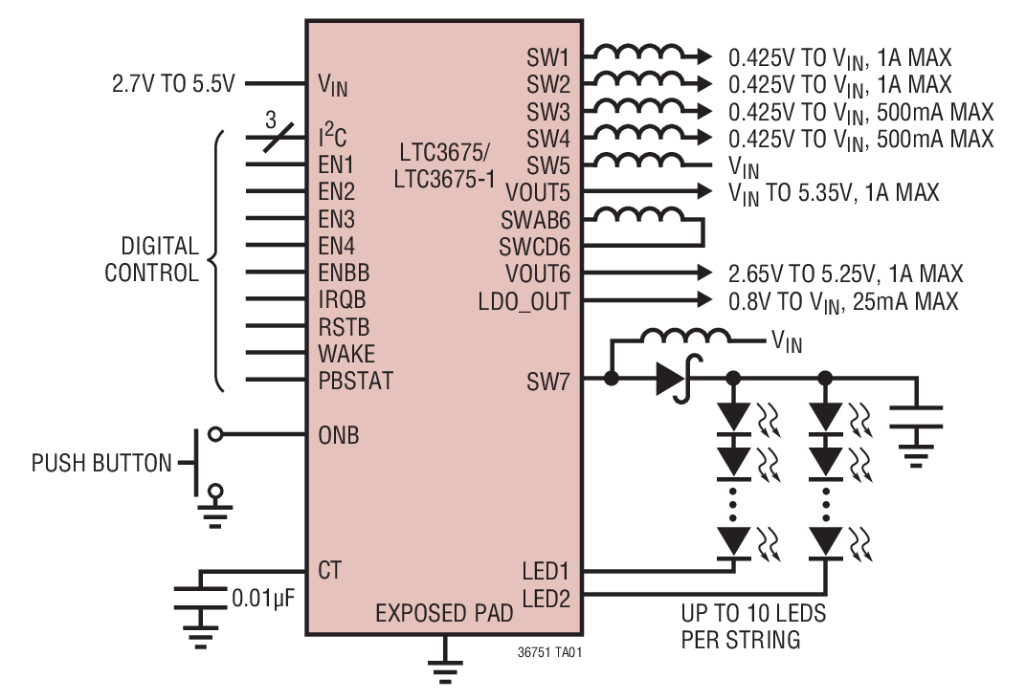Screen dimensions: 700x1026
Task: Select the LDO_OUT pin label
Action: (524, 302)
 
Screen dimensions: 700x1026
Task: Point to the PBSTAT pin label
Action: (355, 382)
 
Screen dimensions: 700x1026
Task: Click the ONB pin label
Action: (339, 435)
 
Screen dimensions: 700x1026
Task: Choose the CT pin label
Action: (330, 570)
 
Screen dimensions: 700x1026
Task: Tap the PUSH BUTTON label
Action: (101, 464)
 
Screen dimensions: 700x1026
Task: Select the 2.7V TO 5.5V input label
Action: (172, 83)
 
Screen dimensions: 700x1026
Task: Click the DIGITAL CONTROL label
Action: (151, 260)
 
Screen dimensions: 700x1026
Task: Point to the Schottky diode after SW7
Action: (673, 380)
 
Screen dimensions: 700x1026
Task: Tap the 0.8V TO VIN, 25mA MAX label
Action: (842, 302)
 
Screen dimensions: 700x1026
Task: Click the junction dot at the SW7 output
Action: (612, 380)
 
